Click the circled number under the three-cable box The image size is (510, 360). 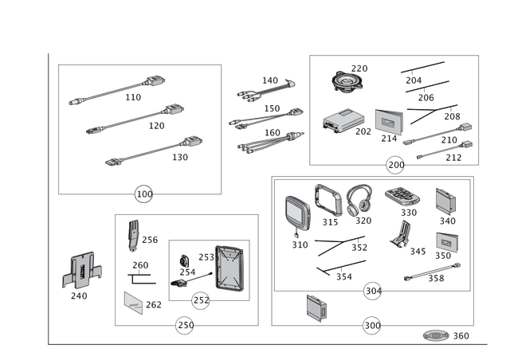pyautogui.click(x=143, y=194)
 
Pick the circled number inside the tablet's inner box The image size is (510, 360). pyautogui.click(x=202, y=300)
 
